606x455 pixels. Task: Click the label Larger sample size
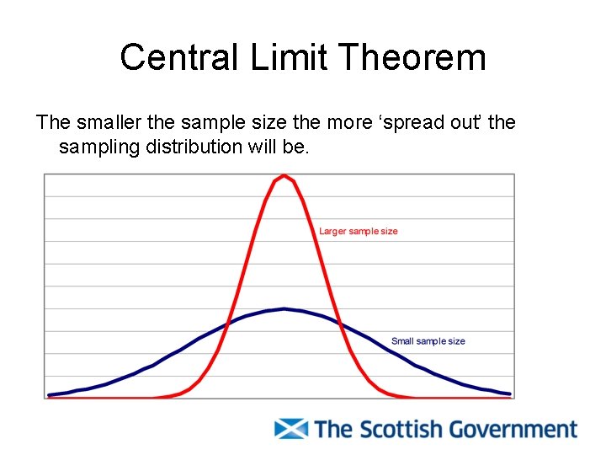(x=358, y=231)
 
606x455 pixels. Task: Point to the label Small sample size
(x=428, y=341)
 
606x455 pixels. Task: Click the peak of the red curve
(x=284, y=176)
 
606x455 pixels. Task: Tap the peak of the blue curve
(x=284, y=309)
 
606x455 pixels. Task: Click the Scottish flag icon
(x=291, y=428)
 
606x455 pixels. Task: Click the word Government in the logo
(x=513, y=429)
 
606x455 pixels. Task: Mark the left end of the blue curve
(x=50, y=394)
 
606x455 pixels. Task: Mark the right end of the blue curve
(x=509, y=393)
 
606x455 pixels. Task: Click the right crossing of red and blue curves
(x=339, y=322)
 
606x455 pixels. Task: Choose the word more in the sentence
(x=346, y=123)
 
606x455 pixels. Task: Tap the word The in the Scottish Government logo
(x=332, y=429)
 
